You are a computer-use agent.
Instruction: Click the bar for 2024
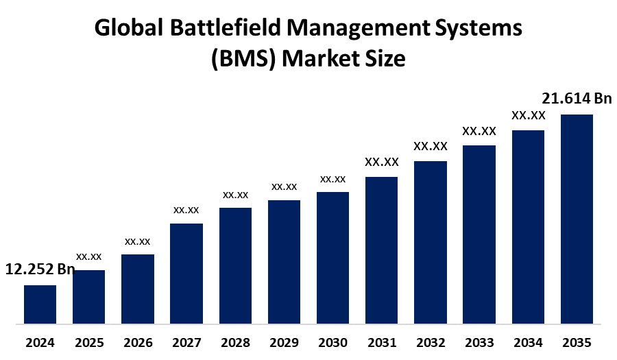click(x=40, y=304)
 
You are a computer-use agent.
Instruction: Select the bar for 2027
click(x=186, y=273)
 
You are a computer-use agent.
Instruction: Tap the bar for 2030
click(x=332, y=257)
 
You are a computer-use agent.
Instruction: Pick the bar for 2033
click(x=479, y=234)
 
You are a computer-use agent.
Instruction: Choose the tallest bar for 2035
click(x=577, y=218)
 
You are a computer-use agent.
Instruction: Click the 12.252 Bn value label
click(x=40, y=269)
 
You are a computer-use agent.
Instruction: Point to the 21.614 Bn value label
click(x=577, y=99)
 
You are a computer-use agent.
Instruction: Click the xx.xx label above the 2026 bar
click(x=137, y=241)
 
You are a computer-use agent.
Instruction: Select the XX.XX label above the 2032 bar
click(x=430, y=146)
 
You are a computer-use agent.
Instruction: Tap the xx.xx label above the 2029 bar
click(x=284, y=187)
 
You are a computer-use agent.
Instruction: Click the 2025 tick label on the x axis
click(x=88, y=342)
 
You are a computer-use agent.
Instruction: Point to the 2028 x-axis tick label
click(x=235, y=342)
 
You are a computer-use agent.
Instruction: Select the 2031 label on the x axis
click(x=381, y=342)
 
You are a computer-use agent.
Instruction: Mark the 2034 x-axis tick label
click(x=528, y=342)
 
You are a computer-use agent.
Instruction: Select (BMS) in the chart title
click(x=244, y=60)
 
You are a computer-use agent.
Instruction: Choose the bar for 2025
click(x=88, y=296)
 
